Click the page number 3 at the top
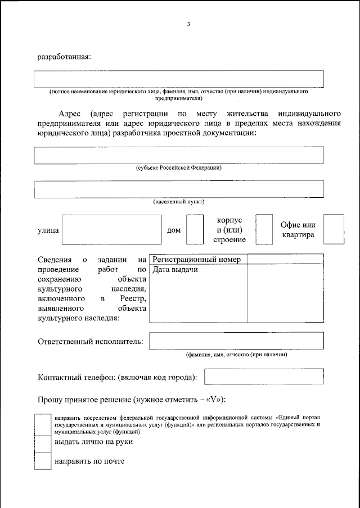pos(190,24)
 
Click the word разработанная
pos(64,56)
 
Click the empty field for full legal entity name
pos(179,79)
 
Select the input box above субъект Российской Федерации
pos(179,155)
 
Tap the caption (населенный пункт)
pos(179,201)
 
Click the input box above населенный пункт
pos(179,189)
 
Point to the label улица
pos(48,230)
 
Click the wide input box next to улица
pos(112,230)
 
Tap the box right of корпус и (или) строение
pos(264,230)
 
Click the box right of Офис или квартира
pos(334,230)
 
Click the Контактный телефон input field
pos(264,377)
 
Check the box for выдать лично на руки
pos(43,443)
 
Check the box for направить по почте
pos(43,461)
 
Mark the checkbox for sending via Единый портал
pos(43,424)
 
